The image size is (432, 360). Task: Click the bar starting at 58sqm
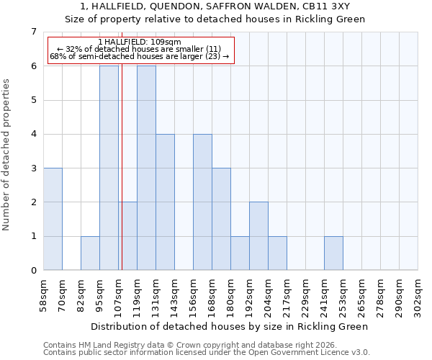(x=53, y=219)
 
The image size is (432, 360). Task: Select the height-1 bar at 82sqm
(x=90, y=253)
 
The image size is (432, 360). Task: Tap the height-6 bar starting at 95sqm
(x=109, y=168)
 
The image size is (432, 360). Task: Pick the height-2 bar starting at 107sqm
(x=128, y=236)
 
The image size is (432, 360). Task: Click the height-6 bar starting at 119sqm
(x=146, y=168)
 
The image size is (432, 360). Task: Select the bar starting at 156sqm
(x=202, y=202)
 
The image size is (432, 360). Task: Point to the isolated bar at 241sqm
(x=333, y=253)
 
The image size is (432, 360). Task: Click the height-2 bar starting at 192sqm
(x=258, y=236)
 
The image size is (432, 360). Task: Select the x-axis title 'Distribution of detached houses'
(x=230, y=326)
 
